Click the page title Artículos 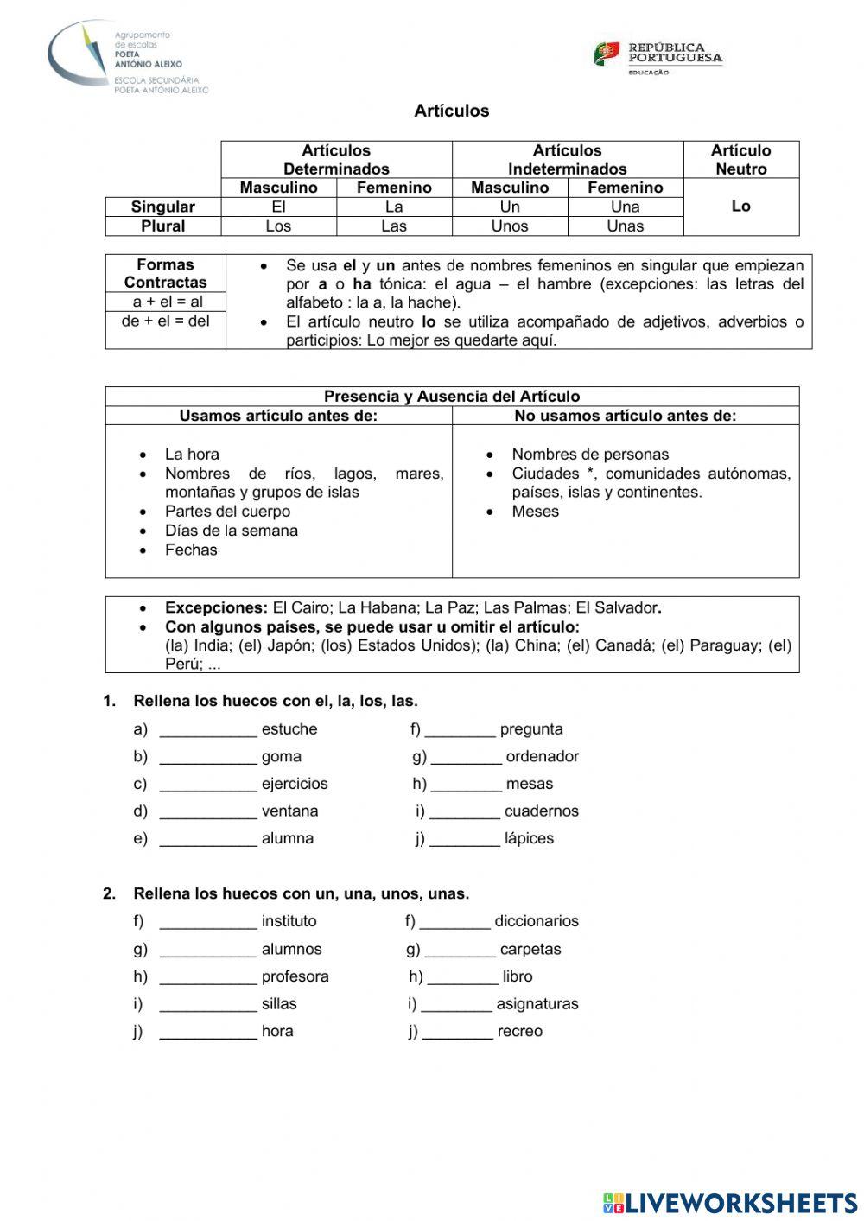tap(451, 111)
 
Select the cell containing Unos tap(509, 226)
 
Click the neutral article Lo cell tap(740, 207)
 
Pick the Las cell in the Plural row tap(394, 226)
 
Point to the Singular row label tap(163, 207)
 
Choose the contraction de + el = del tap(165, 321)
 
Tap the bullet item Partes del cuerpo tap(227, 512)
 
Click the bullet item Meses tap(535, 512)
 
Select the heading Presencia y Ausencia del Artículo tap(452, 397)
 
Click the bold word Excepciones tap(216, 607)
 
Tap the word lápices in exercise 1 tap(529, 839)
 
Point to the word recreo tap(519, 1032)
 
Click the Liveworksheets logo tap(730, 1203)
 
